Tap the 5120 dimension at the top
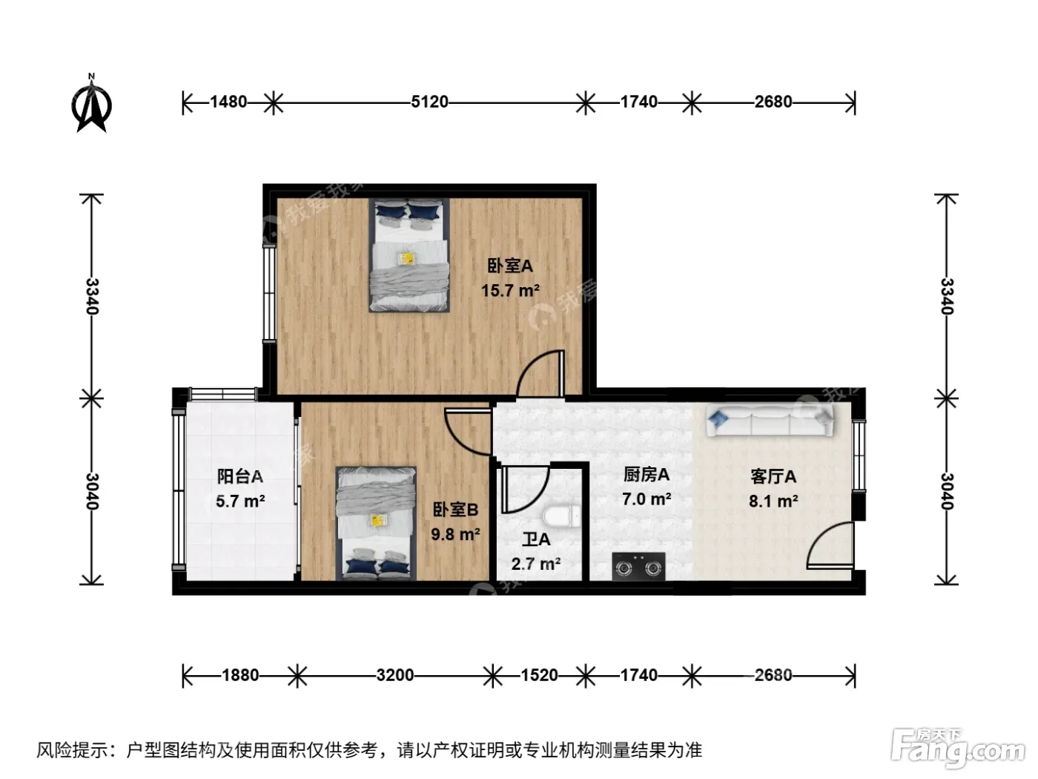pos(429,102)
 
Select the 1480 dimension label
pos(228,102)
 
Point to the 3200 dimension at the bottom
pos(395,675)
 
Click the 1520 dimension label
pos(539,675)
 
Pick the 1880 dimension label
pos(240,675)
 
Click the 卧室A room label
pos(510,266)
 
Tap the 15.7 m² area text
pos(510,290)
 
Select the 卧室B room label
pos(455,510)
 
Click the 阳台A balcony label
pos(240,476)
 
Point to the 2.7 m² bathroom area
pos(536,564)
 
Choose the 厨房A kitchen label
pos(647,474)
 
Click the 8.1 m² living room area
pos(773,500)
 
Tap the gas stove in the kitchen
pos(638,566)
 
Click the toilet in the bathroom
pos(562,516)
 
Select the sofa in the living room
pos(770,419)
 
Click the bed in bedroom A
pos(409,255)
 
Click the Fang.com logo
pos(958,749)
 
